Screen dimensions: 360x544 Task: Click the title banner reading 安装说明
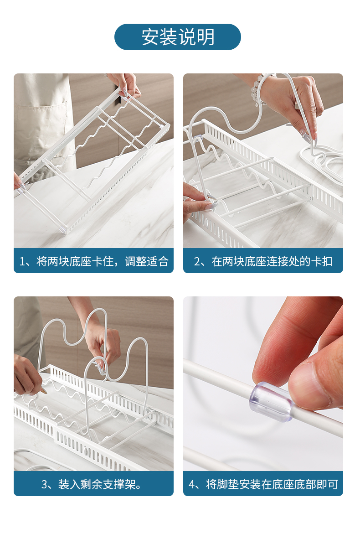pos(178,37)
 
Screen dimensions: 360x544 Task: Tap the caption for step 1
pos(93,261)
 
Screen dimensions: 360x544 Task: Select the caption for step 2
pos(263,261)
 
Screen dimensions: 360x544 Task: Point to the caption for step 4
pos(263,484)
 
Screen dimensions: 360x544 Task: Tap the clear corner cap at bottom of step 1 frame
pos(63,229)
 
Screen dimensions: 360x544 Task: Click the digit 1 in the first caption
pos(22,262)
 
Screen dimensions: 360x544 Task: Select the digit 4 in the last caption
pos(192,484)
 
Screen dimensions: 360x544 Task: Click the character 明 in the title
pos(206,37)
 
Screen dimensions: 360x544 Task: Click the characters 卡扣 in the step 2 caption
pos(322,261)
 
